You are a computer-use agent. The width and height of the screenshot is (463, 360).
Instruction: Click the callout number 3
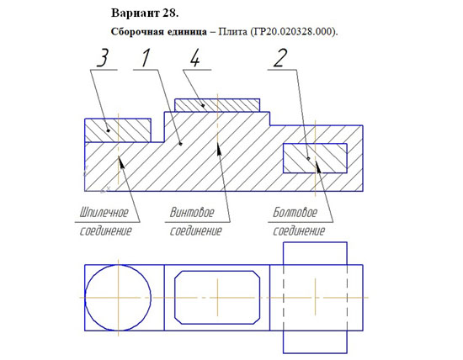(103, 58)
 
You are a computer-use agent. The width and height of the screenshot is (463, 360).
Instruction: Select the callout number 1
(146, 58)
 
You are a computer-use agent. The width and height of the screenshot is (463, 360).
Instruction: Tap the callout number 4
(195, 58)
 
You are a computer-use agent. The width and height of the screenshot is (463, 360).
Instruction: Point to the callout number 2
(280, 58)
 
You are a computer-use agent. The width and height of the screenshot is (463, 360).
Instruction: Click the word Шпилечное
(104, 212)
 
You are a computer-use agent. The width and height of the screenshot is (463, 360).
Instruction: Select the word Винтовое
(192, 212)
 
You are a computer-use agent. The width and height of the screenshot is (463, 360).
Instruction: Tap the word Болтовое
(295, 212)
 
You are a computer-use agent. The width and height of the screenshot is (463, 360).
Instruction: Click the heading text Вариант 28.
(145, 13)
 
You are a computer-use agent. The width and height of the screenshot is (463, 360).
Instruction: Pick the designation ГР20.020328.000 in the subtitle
(293, 31)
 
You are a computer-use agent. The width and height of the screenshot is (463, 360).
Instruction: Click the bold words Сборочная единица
(159, 32)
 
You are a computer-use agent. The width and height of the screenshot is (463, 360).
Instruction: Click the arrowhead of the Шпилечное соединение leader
(121, 161)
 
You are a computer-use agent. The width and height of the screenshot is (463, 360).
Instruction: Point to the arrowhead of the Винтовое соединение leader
(219, 148)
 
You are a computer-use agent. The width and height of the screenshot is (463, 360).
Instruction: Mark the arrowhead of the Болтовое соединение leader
(318, 167)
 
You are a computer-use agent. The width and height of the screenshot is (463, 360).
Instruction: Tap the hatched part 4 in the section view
(217, 105)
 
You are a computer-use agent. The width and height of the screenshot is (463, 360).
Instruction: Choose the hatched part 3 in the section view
(118, 130)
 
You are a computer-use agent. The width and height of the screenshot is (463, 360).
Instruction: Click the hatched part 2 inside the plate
(315, 158)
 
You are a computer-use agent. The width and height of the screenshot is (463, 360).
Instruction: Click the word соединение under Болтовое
(299, 230)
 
